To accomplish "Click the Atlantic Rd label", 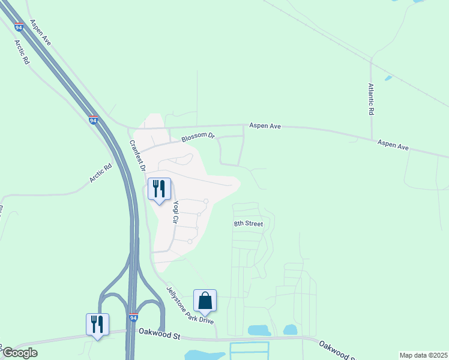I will coord(372,99).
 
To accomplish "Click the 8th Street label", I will coord(249,224).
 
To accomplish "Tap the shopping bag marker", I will coord(205,301).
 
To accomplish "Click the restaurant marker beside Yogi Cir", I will coord(159,189).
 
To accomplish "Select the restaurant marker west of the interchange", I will coord(97,325).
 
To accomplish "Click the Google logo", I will coord(20,353).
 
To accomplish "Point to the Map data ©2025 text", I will coord(423,355).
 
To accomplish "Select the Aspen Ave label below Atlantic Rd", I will coord(393,146).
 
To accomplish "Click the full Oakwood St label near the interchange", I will coord(160,331).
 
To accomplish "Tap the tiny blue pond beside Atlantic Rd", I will coord(388,78).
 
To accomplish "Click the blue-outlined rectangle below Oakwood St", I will coord(249,350).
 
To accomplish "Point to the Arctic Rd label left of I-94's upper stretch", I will coord(22,52).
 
